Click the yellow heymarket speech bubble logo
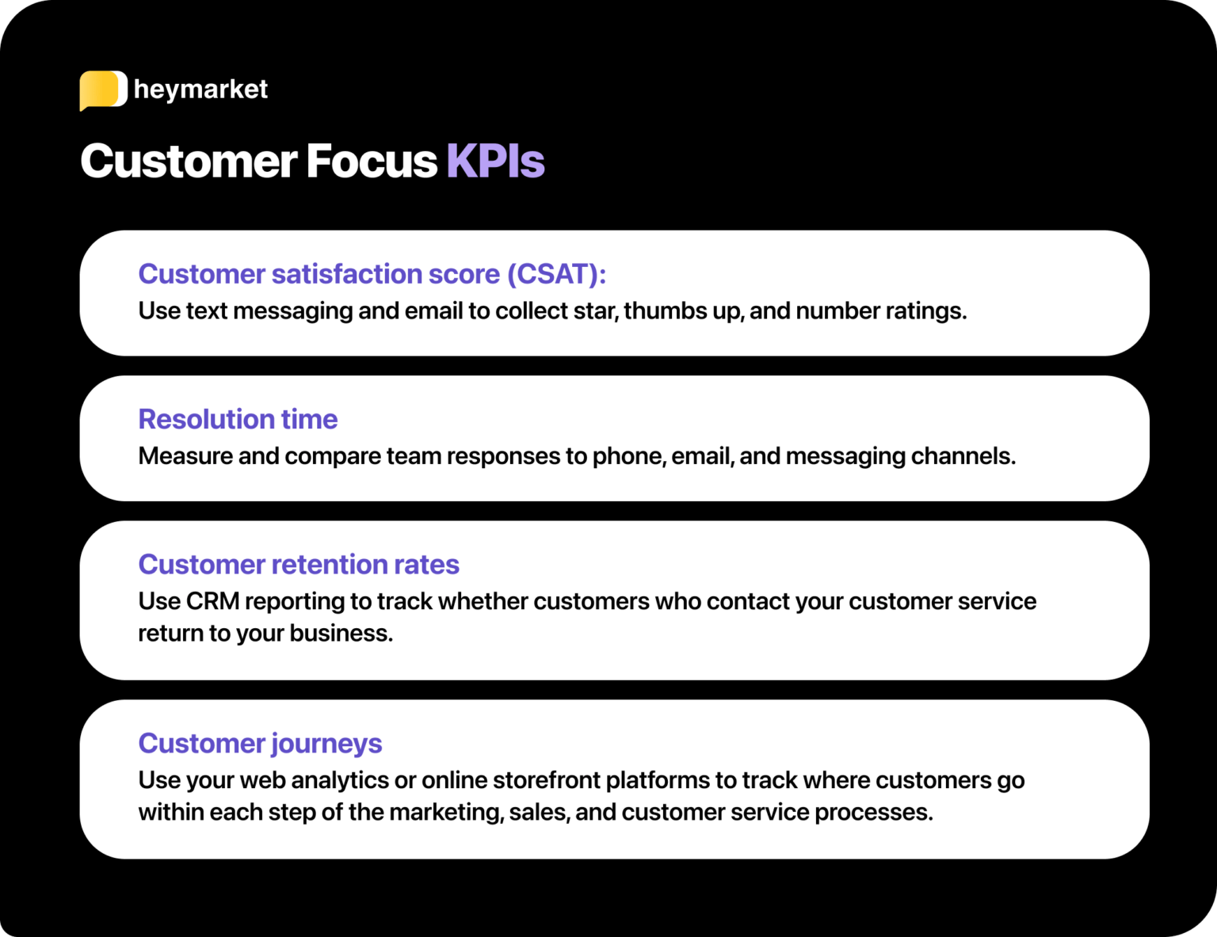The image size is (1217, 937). point(103,90)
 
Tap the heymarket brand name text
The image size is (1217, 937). point(200,90)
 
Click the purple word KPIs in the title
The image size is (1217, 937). point(495,162)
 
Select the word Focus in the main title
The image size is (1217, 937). point(371,162)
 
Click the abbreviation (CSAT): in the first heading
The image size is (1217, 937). point(556,274)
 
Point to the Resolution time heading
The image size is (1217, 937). point(238,419)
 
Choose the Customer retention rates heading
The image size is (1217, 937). point(299,565)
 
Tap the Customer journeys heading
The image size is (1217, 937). point(260,744)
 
